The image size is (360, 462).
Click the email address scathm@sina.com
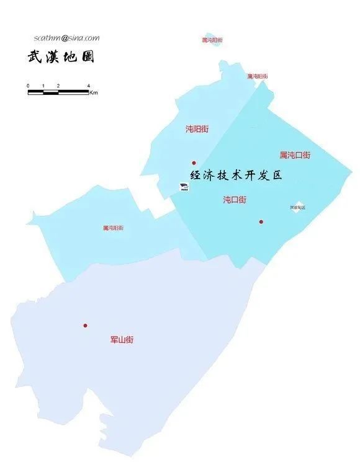[66, 38]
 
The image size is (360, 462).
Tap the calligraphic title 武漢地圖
[60, 57]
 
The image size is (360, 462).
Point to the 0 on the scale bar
[28, 86]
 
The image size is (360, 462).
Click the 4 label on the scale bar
[88, 86]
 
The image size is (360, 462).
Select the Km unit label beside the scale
[94, 93]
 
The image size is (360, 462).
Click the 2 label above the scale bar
[58, 86]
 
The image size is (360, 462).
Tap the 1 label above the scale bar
[43, 86]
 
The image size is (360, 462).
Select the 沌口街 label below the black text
[235, 200]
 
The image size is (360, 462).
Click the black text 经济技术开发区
[236, 175]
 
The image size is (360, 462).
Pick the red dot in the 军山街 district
[85, 326]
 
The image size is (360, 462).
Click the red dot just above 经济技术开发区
[194, 163]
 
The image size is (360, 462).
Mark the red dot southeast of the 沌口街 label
[261, 221]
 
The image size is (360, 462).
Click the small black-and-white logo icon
[183, 186]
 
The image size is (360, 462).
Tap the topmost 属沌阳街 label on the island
[212, 40]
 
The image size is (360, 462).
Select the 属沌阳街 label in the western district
[113, 228]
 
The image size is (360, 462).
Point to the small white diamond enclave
[299, 205]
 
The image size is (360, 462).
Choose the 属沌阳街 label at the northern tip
[258, 76]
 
